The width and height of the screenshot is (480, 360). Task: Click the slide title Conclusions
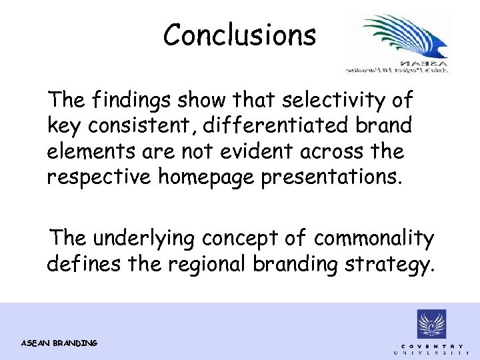point(240,35)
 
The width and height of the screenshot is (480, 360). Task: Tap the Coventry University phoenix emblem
point(432,325)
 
